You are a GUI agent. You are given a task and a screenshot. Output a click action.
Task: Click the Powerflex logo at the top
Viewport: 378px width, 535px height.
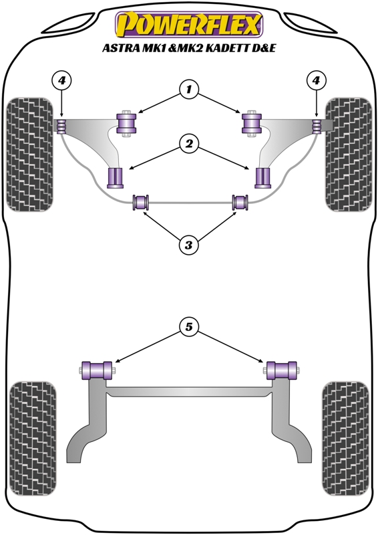[x=189, y=24]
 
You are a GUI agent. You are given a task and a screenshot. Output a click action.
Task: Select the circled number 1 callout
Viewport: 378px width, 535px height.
[x=189, y=90]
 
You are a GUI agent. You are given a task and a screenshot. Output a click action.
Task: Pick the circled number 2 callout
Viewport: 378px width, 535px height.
[x=189, y=144]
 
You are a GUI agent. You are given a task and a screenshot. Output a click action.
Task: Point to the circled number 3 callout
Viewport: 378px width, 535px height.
[x=189, y=244]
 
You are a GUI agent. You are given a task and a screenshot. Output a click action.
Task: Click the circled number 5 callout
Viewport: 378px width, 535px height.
[x=189, y=327]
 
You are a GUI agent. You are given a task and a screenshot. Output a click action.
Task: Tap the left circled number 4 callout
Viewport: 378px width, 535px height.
[x=61, y=80]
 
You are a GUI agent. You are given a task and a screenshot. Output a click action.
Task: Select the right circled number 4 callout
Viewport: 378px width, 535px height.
[x=317, y=80]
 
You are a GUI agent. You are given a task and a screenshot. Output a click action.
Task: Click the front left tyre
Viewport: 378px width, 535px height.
[x=30, y=154]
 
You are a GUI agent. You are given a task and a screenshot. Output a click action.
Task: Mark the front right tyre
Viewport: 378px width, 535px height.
[x=349, y=154]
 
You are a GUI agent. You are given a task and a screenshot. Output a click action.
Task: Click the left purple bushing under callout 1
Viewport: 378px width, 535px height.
[x=126, y=123]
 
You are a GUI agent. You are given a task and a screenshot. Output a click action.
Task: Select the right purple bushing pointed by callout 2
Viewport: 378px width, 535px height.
[x=262, y=178]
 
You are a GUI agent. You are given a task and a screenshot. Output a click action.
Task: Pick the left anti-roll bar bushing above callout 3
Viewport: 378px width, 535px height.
[x=141, y=202]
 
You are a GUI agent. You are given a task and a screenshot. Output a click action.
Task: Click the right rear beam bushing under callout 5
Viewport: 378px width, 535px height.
[x=282, y=370]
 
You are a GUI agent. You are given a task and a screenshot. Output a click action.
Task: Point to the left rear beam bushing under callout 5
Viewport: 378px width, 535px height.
[x=97, y=370]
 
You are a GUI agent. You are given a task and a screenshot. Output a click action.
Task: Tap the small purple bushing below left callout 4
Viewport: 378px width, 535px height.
[x=61, y=126]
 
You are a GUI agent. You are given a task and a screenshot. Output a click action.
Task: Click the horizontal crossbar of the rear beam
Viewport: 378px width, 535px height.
[x=188, y=392]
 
